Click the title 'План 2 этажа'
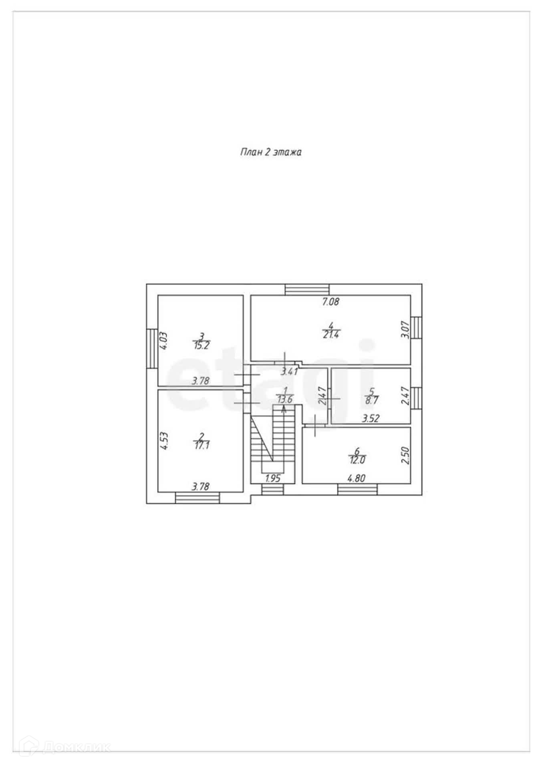tap(271, 152)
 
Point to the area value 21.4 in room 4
tap(330, 334)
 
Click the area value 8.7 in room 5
tap(372, 400)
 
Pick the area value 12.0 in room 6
tap(357, 460)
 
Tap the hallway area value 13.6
tap(285, 399)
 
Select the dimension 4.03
tap(163, 341)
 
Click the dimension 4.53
tap(163, 442)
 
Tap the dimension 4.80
tap(357, 478)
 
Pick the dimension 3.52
tap(371, 419)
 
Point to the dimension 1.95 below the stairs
tap(273, 478)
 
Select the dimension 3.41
tap(289, 371)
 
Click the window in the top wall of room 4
tap(307, 289)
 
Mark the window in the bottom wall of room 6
tap(357, 489)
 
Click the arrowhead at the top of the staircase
tap(284, 409)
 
